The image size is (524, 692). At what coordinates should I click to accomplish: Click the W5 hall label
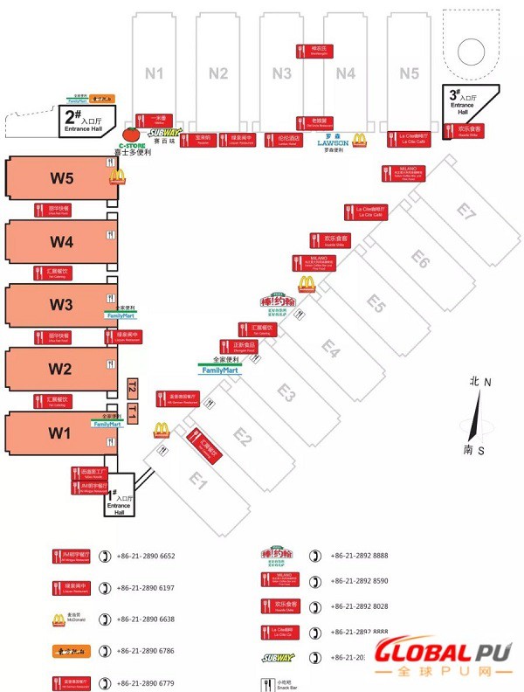pos(61,178)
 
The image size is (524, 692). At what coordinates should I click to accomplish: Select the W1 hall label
pos(59,432)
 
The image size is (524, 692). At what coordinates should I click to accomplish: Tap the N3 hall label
pos(281,73)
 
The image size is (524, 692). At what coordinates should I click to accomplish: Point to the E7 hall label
pos(468,211)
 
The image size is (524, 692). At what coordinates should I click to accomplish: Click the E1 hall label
pos(198,480)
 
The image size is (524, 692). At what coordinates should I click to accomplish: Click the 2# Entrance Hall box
pos(83,121)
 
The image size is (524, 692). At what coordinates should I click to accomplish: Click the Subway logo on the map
pos(164,133)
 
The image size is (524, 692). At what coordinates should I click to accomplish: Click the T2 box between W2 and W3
pos(132,386)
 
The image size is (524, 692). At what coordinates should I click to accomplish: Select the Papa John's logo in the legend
pos(279,555)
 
